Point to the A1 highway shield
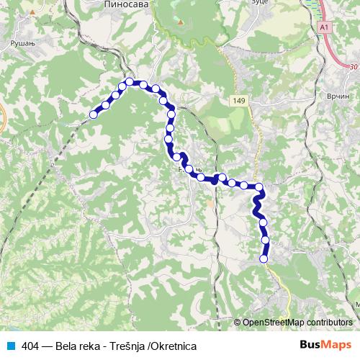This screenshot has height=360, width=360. click(325, 27)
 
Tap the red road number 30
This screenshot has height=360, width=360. click(353, 67)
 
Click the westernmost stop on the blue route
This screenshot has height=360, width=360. click(93, 114)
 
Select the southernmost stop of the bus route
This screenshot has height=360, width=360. click(263, 258)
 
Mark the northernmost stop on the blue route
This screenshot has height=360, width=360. click(130, 81)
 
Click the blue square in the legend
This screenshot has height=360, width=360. click(10, 346)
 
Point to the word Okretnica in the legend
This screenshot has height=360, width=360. click(174, 346)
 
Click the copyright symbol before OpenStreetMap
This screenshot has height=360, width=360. click(238, 323)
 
